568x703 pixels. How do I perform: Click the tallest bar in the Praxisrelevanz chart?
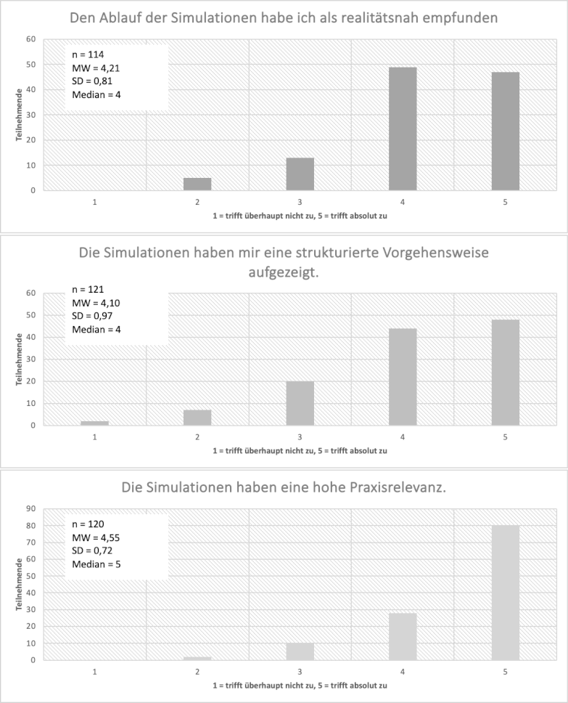(505, 593)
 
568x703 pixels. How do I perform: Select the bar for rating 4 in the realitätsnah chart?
(403, 129)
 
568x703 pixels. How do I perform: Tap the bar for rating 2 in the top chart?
(197, 184)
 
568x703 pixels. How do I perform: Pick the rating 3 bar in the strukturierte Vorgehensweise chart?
(300, 403)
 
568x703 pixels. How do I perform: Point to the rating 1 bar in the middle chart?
(95, 423)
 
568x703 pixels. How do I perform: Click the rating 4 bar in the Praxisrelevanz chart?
(403, 636)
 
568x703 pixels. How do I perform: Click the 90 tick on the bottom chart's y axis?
(32, 508)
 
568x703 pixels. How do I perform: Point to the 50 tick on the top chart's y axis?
(32, 65)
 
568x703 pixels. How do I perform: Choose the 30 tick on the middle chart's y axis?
(32, 359)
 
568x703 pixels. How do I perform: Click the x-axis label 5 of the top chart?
(505, 201)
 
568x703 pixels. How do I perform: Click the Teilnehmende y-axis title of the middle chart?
(19, 359)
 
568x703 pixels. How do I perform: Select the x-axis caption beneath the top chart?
(300, 216)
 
